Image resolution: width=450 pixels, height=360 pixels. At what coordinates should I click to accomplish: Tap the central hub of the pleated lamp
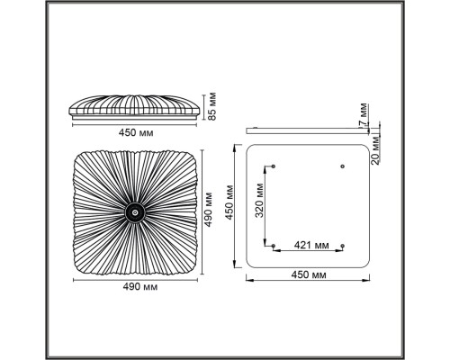[133, 212]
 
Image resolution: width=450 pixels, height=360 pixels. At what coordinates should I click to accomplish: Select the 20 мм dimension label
[377, 148]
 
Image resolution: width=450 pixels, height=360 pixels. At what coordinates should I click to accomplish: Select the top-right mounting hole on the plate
[342, 166]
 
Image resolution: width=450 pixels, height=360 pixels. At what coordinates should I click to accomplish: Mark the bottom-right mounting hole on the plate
[342, 244]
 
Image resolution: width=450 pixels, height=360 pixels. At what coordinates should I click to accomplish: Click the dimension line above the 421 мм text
[307, 251]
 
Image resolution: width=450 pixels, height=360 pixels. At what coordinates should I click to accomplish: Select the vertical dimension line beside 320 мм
[266, 205]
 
